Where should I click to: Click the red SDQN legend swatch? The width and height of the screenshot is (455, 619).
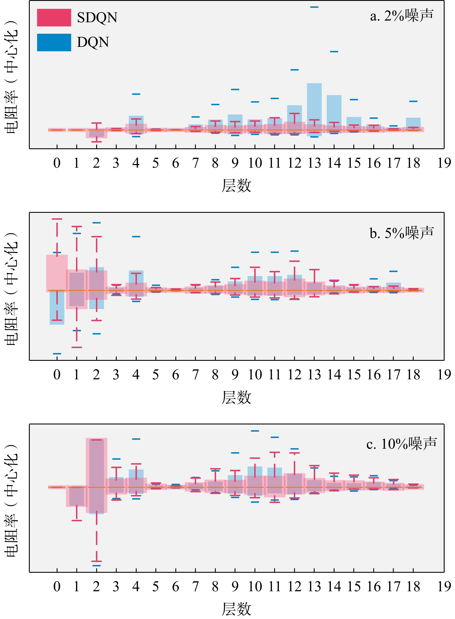(x=54, y=18)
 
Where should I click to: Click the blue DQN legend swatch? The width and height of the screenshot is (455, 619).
(x=54, y=43)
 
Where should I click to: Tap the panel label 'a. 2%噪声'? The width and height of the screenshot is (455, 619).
(x=402, y=16)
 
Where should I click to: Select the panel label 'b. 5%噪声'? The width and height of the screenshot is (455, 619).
(x=402, y=233)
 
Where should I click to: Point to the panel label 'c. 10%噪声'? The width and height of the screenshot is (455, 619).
(x=402, y=444)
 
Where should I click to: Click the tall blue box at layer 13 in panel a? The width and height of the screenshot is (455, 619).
(x=314, y=104)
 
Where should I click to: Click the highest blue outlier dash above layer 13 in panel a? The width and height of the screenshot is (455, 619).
(x=314, y=7)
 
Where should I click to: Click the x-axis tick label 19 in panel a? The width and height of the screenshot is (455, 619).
(x=444, y=163)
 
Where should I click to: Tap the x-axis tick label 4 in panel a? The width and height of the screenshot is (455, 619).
(x=136, y=163)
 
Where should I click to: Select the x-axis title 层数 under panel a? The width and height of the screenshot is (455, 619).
(x=236, y=185)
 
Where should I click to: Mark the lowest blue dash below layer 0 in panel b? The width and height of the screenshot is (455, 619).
(x=57, y=354)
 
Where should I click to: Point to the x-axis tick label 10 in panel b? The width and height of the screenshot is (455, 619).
(x=255, y=375)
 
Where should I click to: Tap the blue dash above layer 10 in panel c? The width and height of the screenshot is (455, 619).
(x=255, y=431)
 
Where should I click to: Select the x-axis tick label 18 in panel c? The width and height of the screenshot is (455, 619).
(x=413, y=587)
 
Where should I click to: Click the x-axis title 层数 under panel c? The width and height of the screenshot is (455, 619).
(x=236, y=609)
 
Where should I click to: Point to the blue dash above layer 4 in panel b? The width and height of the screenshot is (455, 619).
(x=136, y=236)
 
